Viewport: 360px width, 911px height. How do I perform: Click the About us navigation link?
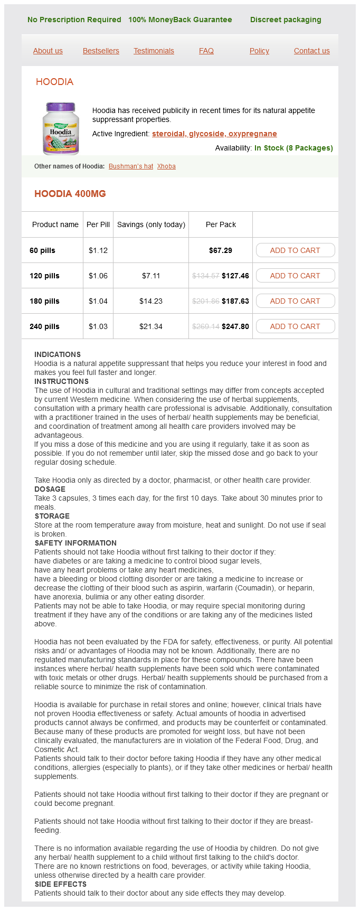[x=48, y=51]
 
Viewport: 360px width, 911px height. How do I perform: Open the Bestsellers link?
[x=101, y=51]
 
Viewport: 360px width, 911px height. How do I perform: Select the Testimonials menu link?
[x=154, y=51]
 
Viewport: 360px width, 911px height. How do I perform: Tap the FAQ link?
[x=206, y=51]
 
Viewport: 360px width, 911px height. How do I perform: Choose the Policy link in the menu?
[x=259, y=51]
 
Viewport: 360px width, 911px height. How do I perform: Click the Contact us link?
[x=311, y=51]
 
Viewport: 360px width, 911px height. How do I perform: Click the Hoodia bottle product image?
[x=61, y=128]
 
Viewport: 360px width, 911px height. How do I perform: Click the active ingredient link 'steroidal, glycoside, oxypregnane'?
[x=214, y=134]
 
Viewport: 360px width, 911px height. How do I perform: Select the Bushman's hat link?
[x=131, y=166]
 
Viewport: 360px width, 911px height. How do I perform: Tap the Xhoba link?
[x=166, y=166]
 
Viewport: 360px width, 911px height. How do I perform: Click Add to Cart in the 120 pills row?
[x=295, y=276]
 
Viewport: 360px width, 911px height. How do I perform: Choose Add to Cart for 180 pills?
[x=295, y=301]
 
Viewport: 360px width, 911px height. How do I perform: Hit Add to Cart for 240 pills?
[x=295, y=326]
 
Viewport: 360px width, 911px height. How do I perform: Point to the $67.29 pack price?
[x=221, y=250]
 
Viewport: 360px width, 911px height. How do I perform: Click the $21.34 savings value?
[x=151, y=326]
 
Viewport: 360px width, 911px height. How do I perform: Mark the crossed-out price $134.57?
[x=206, y=276]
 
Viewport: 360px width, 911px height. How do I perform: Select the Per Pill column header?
[x=98, y=224]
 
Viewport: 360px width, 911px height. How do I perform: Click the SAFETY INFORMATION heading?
[x=75, y=543]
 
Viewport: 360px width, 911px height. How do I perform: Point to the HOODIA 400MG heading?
[x=70, y=194]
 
